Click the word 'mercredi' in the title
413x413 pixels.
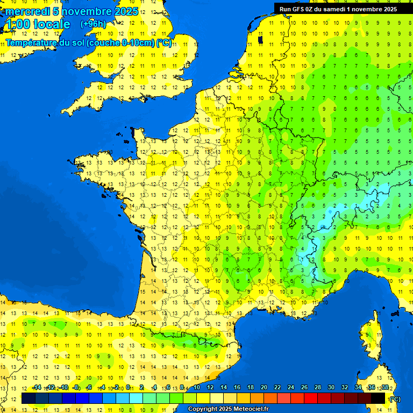[27, 11]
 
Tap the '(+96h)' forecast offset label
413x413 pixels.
[93, 24]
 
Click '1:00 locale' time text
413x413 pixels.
[37, 24]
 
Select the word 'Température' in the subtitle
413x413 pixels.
[32, 43]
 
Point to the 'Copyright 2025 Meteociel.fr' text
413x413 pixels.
[228, 409]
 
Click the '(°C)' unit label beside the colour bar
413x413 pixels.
[395, 398]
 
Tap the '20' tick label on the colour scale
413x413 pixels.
[264, 387]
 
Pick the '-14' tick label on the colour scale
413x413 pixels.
[37, 387]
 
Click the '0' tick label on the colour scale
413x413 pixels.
[129, 387]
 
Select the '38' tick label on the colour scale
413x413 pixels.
[385, 387]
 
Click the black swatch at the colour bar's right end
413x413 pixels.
[378, 398]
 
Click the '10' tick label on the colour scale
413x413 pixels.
[197, 387]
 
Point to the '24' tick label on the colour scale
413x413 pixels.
[291, 387]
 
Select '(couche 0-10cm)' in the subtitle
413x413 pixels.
[120, 43]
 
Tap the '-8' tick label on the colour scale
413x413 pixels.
[76, 387]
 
